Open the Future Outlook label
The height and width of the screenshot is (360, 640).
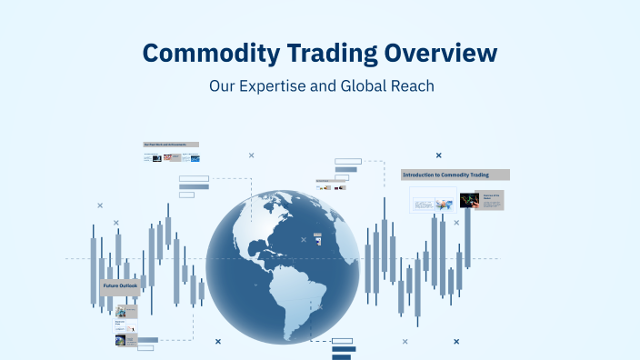[x=119, y=286]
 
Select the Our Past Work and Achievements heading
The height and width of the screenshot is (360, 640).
[x=171, y=145]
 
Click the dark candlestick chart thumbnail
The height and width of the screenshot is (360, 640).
[x=469, y=200]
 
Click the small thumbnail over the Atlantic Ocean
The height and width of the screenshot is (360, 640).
[x=317, y=238]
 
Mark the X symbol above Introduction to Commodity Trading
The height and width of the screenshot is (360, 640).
[x=438, y=155]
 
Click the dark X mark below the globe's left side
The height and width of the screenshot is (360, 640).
[x=218, y=341]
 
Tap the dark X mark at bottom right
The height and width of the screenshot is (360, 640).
[x=455, y=341]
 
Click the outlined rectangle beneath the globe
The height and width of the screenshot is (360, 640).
[x=343, y=341]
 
